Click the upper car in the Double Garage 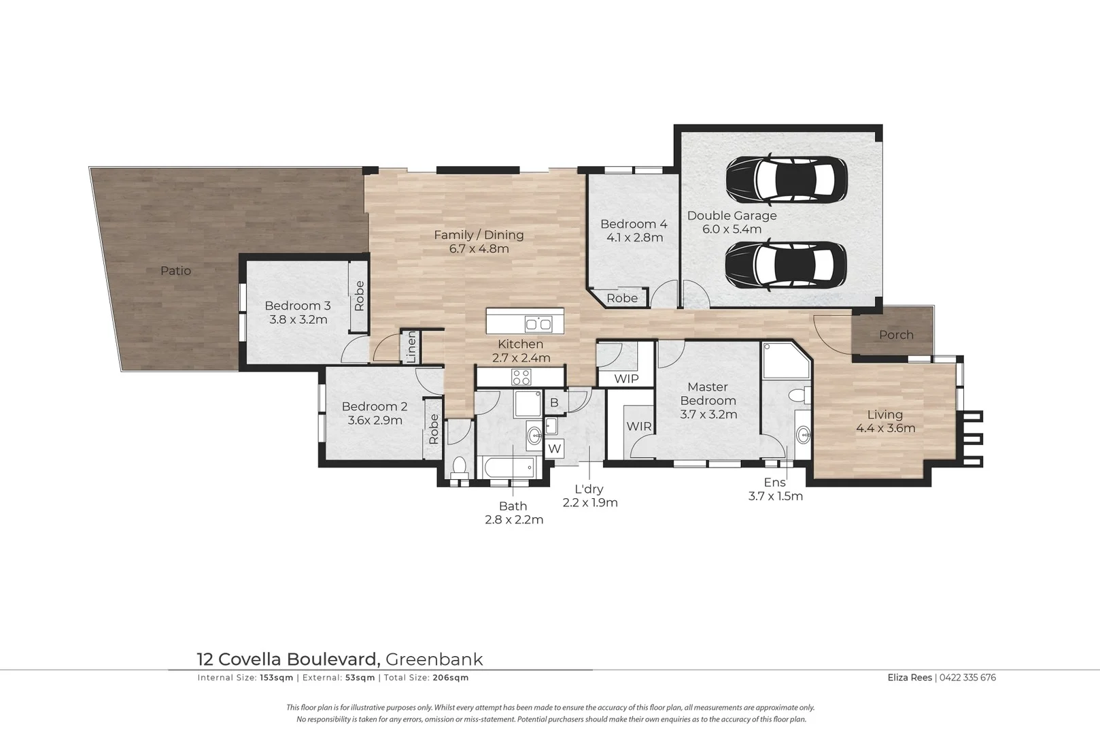point(786,180)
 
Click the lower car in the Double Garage point(786,267)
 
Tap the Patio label point(175,271)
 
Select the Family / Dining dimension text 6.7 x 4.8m point(479,249)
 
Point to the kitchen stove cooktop point(521,376)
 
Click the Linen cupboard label point(411,347)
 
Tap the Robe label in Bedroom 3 point(359,296)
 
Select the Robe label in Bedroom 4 point(622,298)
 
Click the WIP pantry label point(626,378)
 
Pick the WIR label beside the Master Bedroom point(638,427)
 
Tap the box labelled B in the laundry point(554,403)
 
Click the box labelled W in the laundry point(555,448)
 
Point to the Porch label point(896,335)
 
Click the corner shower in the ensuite point(786,361)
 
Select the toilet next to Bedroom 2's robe point(460,468)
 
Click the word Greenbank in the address point(434,659)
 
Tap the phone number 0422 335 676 point(968,677)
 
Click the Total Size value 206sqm point(451,678)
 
